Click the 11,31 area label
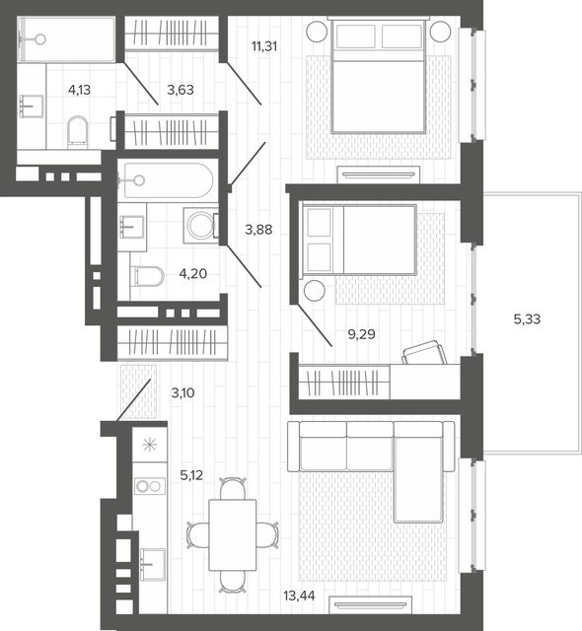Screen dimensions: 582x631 [x=264, y=46]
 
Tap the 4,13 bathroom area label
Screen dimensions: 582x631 [x=79, y=90]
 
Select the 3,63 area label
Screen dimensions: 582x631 [x=181, y=90]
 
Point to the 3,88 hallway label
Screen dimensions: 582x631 [x=258, y=230]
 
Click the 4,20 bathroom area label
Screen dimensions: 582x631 [x=193, y=274]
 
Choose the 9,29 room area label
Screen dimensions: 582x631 [x=361, y=334]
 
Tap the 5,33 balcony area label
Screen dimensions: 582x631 [x=527, y=319]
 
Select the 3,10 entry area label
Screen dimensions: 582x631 [x=183, y=392]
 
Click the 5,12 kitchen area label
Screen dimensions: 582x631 [x=191, y=475]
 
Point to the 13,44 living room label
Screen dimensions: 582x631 [x=299, y=596]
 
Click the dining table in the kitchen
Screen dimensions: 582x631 [x=233, y=534]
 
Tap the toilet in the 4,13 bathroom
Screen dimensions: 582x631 [x=78, y=130]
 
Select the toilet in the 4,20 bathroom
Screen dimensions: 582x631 [x=149, y=276]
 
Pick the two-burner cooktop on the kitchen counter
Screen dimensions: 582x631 [x=150, y=486]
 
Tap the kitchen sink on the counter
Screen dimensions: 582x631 [x=153, y=564]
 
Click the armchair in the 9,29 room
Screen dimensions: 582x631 [x=424, y=353]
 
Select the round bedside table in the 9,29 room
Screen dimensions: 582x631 [x=315, y=291]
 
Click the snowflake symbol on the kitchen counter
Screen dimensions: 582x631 [x=150, y=445]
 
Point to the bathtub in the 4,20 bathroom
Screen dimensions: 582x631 [x=169, y=180]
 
